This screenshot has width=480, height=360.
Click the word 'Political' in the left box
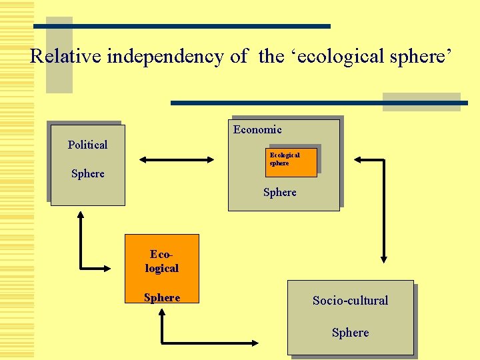[x=87, y=145]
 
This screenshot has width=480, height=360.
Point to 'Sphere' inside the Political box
[x=88, y=173]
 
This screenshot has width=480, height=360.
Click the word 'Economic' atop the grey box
[x=257, y=129]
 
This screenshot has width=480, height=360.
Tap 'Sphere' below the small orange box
[x=280, y=192]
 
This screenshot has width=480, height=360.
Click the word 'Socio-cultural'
[x=350, y=300]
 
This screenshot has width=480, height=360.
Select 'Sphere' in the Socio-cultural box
[x=350, y=332]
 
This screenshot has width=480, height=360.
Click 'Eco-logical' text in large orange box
[x=162, y=261]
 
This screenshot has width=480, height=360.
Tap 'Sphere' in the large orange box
[x=162, y=297]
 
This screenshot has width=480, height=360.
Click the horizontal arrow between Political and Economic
[x=177, y=160]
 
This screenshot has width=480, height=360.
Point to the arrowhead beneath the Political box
[x=81, y=216]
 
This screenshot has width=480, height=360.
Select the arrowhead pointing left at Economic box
[x=358, y=160]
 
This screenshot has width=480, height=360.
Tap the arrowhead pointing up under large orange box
[x=162, y=316]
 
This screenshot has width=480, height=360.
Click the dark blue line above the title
[x=182, y=26]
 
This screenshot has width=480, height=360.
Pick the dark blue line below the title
[x=319, y=103]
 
